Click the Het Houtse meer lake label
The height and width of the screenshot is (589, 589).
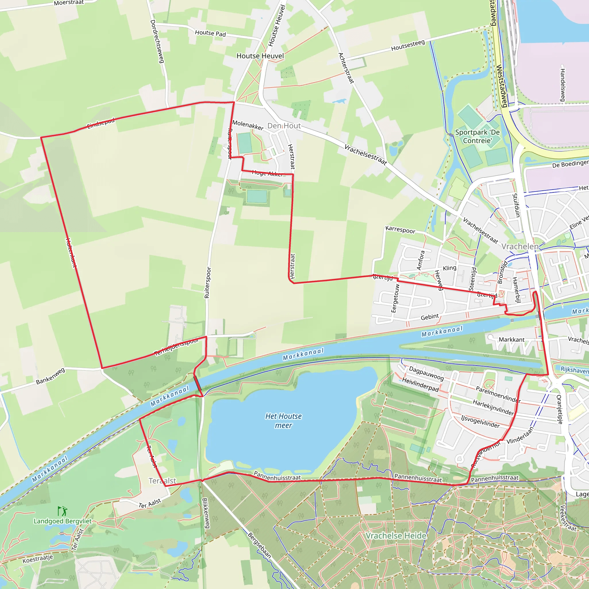(x=283, y=421)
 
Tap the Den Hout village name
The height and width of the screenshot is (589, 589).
(x=284, y=126)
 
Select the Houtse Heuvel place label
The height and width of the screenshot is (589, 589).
(x=260, y=56)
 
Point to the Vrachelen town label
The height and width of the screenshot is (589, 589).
(x=520, y=246)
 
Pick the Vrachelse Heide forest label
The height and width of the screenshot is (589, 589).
(x=396, y=536)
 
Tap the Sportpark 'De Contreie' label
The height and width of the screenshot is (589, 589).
(x=477, y=136)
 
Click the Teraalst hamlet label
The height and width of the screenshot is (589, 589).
(x=162, y=481)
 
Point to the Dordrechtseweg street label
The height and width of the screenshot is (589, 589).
(x=157, y=41)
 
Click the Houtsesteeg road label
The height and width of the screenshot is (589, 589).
(x=408, y=45)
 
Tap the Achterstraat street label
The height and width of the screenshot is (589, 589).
(x=346, y=68)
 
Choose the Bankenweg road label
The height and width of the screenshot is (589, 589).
(x=51, y=376)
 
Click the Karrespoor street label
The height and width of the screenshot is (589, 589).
(x=400, y=230)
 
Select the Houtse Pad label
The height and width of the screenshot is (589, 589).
(x=210, y=33)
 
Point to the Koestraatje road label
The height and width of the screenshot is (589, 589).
(x=38, y=559)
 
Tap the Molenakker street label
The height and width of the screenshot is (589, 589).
(x=248, y=125)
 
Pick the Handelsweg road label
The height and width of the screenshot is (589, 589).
(x=563, y=85)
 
